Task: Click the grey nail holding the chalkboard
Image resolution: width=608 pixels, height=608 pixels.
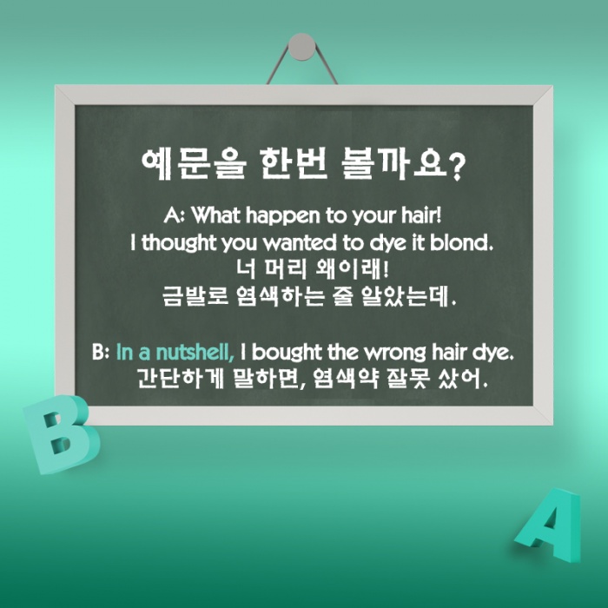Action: click(301, 47)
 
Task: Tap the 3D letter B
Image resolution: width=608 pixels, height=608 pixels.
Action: click(60, 434)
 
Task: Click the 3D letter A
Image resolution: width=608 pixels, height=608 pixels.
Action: click(550, 525)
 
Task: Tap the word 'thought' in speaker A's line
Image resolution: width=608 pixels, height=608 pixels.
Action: click(178, 244)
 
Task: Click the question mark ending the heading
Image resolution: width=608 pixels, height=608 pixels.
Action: click(457, 168)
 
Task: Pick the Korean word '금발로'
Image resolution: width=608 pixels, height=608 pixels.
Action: click(195, 296)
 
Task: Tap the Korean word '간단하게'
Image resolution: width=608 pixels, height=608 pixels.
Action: click(182, 379)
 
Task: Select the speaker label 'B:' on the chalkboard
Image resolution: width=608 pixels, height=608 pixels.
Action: click(101, 352)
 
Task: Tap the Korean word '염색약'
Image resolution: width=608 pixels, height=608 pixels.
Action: click(346, 379)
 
